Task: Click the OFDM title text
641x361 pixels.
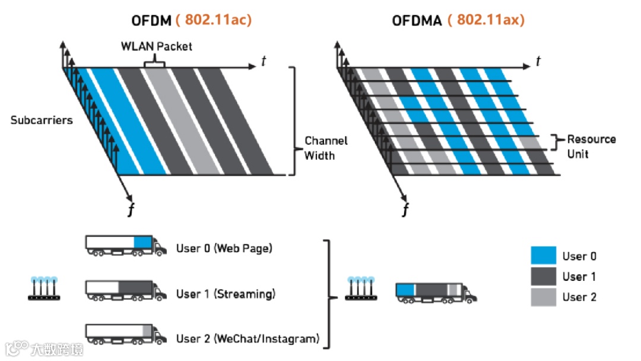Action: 151,20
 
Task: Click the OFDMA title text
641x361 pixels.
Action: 417,21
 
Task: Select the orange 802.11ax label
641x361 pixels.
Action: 486,20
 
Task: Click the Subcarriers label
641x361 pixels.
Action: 42,120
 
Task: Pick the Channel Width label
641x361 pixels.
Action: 326,148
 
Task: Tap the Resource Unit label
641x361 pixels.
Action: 591,145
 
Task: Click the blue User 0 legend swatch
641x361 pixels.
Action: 543,256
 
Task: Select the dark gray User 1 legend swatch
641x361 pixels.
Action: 543,277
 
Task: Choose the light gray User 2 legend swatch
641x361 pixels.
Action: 543,297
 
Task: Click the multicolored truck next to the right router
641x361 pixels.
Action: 436,292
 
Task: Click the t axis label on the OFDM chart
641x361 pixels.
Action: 264,61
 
